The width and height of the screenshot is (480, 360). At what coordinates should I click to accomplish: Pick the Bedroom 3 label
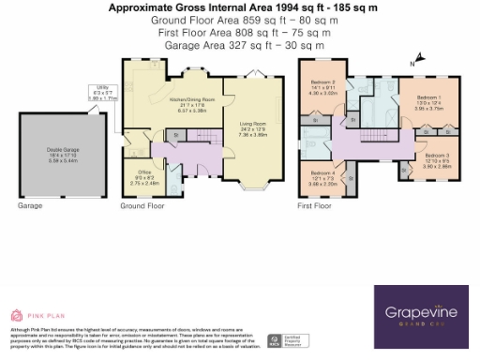click(435, 158)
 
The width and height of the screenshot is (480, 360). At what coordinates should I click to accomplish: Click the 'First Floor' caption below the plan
click(314, 205)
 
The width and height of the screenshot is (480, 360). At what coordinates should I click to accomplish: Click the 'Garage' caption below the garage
click(30, 205)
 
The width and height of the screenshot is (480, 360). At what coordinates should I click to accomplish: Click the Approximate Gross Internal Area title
click(240, 7)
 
